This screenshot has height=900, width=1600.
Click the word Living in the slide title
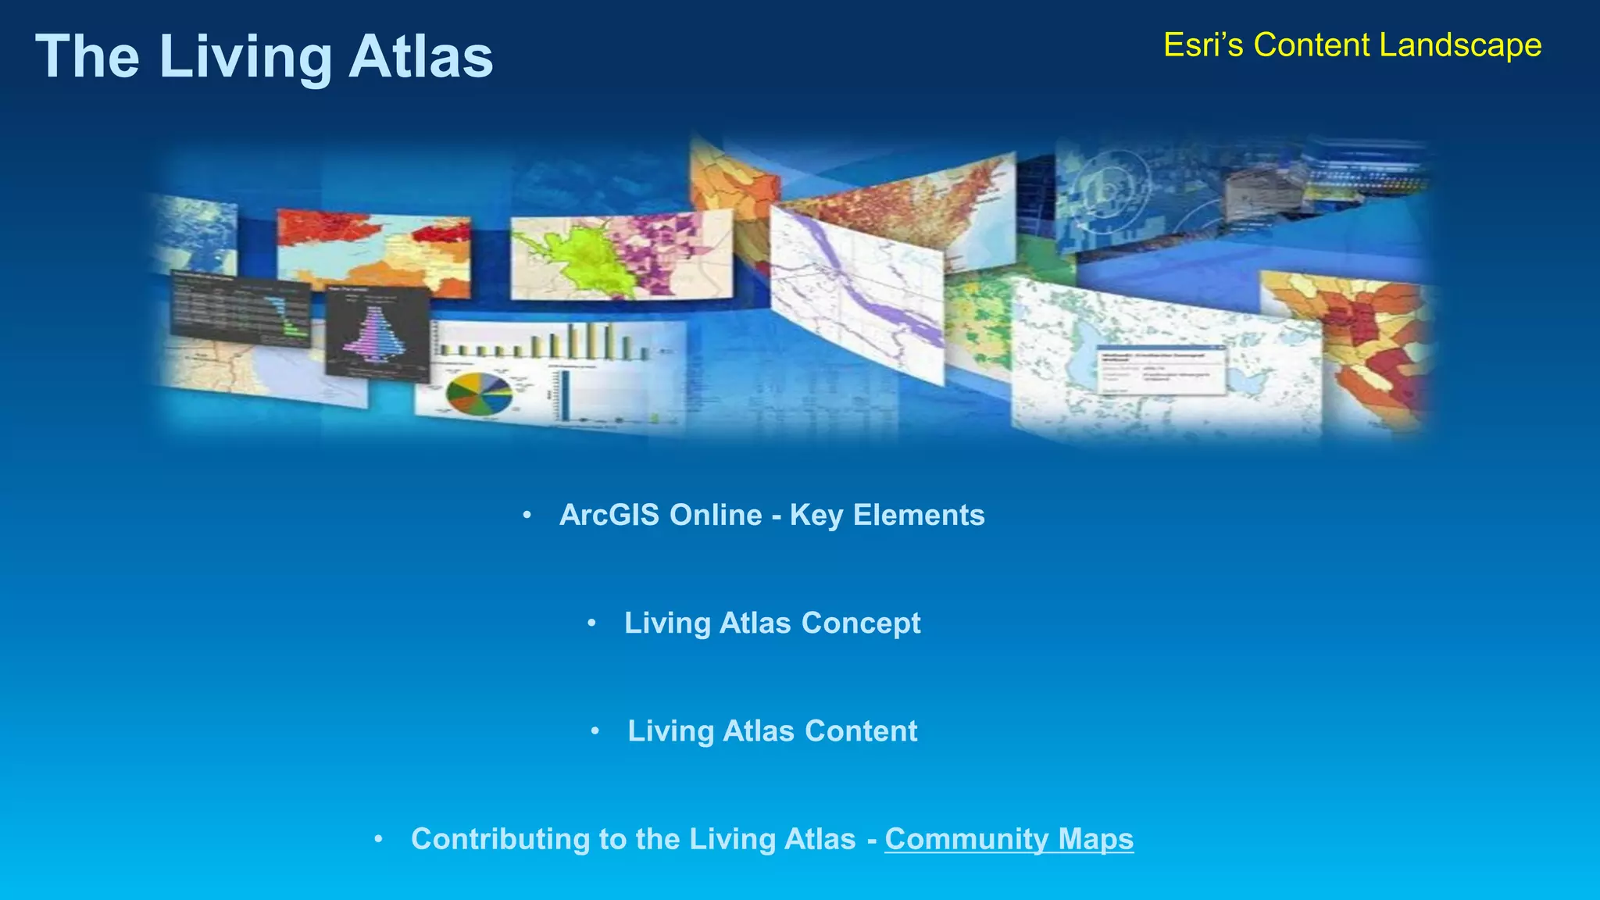click(245, 57)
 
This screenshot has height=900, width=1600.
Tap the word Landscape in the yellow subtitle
click(1460, 45)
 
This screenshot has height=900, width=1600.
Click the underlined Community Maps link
click(1009, 839)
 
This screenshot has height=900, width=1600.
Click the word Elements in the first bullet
click(919, 515)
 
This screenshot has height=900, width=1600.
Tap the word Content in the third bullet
click(861, 731)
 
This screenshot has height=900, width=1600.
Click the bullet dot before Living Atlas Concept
click(591, 623)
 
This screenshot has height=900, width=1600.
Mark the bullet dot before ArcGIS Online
click(527, 515)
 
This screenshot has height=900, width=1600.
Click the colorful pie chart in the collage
click(478, 392)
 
